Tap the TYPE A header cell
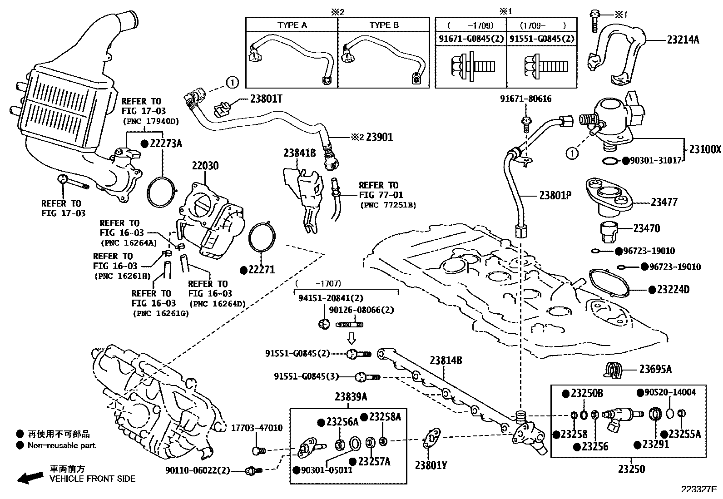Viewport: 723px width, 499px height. coord(292,25)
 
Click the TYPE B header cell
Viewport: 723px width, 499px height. coord(384,25)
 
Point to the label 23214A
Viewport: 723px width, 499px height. coord(683,40)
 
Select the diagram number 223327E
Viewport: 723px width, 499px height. coord(698,489)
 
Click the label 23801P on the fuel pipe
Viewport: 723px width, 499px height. coord(555,195)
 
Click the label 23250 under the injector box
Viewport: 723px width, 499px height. coord(631,469)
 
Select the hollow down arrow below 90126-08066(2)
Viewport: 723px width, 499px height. coord(352,338)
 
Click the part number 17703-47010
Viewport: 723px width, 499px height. coord(257,428)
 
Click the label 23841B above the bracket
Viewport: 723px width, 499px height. coord(299,153)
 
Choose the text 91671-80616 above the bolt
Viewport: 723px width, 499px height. coord(526,99)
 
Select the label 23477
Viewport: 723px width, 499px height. coord(664,202)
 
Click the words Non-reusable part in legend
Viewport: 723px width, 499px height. coord(62,445)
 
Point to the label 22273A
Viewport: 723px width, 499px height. coord(165,143)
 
